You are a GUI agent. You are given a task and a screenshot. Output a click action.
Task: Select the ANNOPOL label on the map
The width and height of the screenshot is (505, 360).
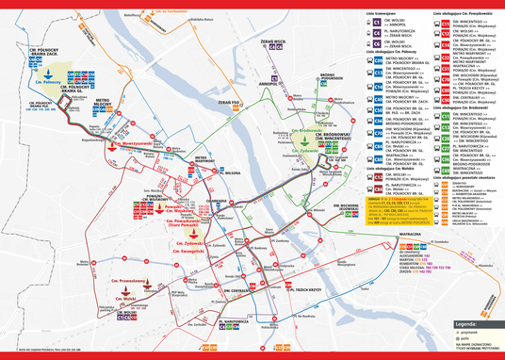click(272, 82)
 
